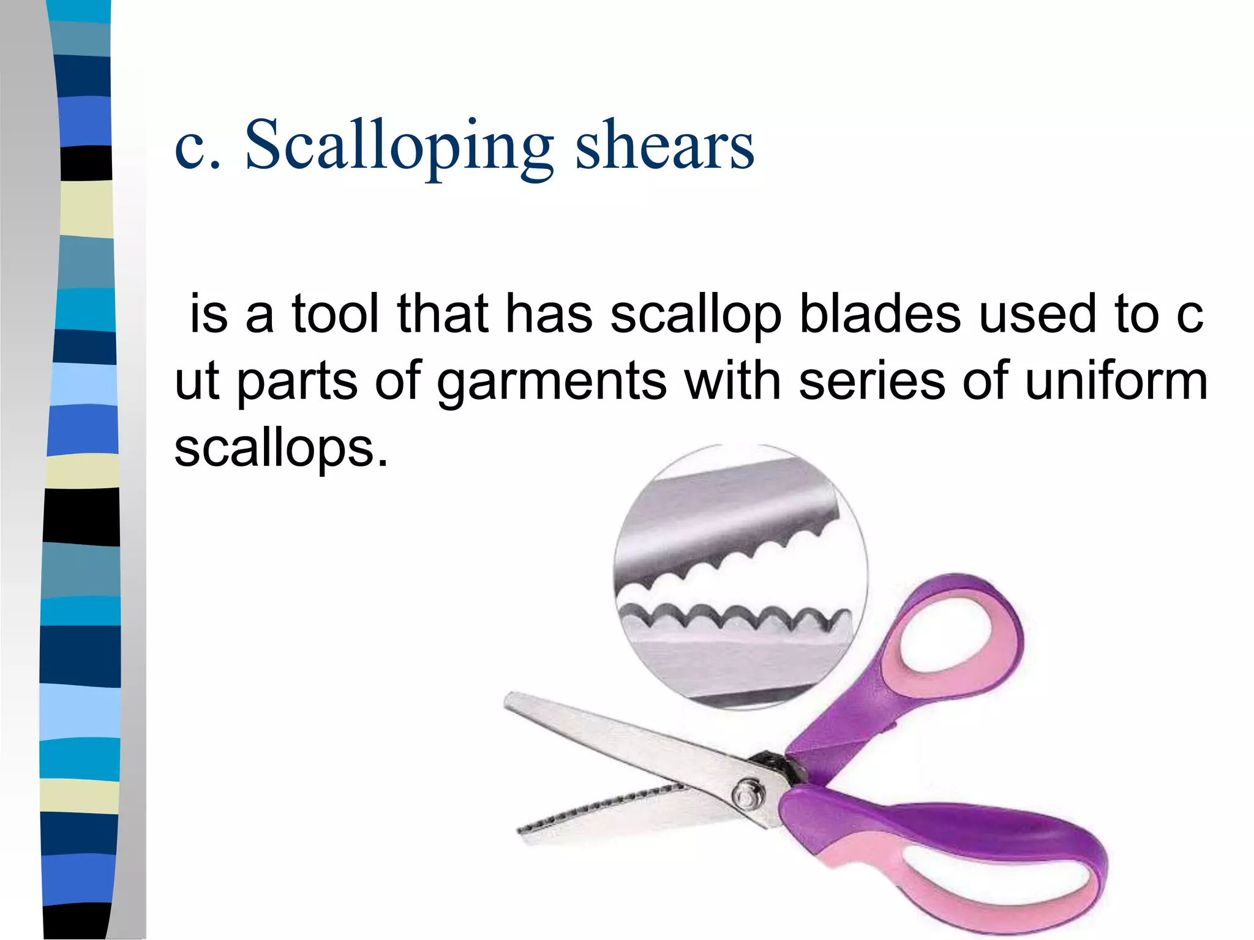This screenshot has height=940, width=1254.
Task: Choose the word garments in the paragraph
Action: [551, 382]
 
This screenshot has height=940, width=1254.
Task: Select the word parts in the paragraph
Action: [297, 382]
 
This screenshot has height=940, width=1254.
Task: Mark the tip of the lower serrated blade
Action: [520, 831]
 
